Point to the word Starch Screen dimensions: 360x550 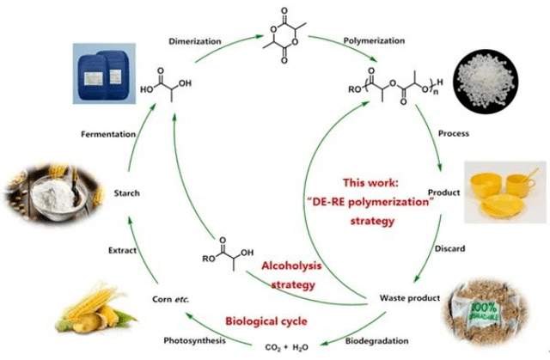(x=125, y=193)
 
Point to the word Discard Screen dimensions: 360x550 (x=450, y=249)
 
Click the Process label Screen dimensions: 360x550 (x=453, y=134)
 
